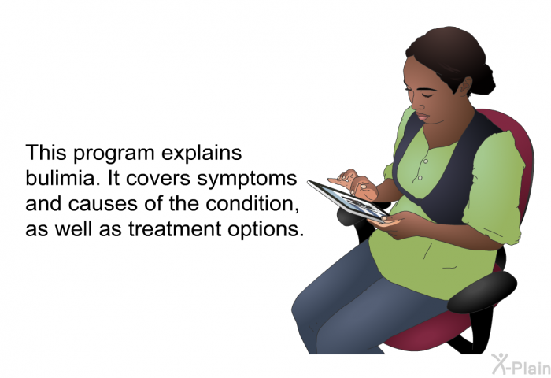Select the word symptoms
click(246, 180)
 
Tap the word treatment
click(175, 229)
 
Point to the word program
click(114, 154)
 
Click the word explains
click(202, 154)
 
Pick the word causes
click(102, 204)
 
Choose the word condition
click(252, 204)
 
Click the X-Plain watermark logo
click(521, 365)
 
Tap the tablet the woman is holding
click(348, 201)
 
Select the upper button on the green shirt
click(426, 161)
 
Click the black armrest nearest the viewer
click(482, 291)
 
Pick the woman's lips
click(422, 117)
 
